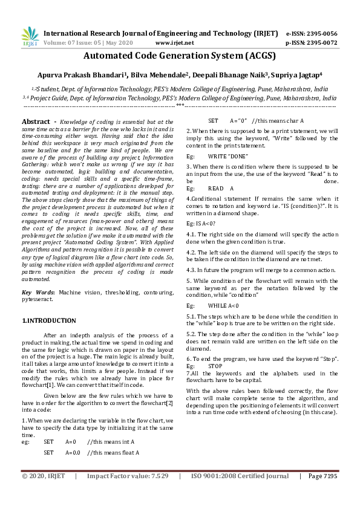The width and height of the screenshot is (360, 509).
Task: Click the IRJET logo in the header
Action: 30,37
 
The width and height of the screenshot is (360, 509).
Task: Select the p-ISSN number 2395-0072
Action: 323,43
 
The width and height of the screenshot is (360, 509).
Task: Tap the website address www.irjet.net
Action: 175,43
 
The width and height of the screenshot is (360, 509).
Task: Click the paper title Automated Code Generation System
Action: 180,57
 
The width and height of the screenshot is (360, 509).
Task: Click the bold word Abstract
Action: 36,121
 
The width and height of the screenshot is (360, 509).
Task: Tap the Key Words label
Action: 38,292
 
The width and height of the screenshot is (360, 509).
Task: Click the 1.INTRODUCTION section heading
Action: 50,320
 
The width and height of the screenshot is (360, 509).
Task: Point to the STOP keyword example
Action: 215,366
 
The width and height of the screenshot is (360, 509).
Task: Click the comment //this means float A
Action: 114,452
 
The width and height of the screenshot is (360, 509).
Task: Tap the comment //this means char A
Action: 278,121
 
